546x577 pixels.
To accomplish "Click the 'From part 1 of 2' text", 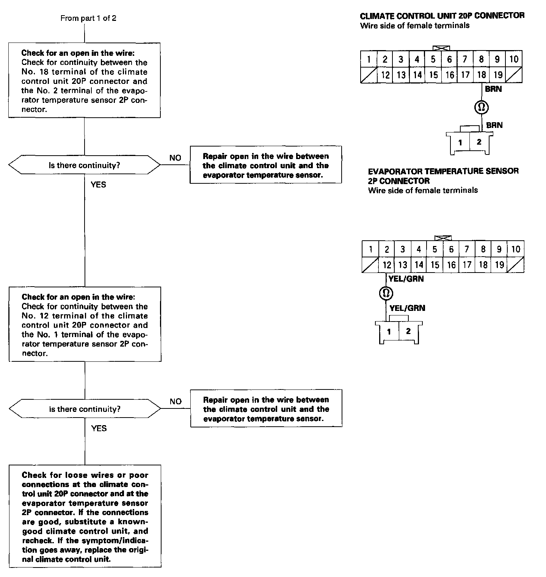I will [x=88, y=18].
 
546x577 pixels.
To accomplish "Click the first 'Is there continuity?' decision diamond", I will [x=85, y=166].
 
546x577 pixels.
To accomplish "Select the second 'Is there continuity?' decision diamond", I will [x=85, y=409].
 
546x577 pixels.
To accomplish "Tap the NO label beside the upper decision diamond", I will [x=175, y=158].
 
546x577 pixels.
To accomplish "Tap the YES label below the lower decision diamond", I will [x=99, y=429].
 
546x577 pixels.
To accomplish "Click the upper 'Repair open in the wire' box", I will [x=265, y=165].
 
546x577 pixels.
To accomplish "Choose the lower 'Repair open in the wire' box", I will [x=266, y=409].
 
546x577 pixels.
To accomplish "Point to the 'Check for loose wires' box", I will [x=85, y=517].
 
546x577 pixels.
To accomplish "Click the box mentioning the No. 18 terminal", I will [x=85, y=80].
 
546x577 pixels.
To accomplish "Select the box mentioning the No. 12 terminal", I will [x=85, y=325].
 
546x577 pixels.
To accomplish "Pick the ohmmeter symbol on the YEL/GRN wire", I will [x=386, y=293].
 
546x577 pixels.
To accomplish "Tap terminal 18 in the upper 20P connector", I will [x=482, y=75].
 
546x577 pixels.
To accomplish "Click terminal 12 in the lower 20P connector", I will [x=387, y=265].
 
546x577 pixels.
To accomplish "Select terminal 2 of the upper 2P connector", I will [x=479, y=142].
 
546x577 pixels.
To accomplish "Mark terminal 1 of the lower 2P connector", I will [x=389, y=332].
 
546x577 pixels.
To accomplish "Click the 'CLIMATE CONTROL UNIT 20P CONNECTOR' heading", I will [x=442, y=16].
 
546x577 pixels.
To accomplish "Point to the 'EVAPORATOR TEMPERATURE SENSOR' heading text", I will [x=443, y=171].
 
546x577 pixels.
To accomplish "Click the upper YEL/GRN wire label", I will [x=406, y=279].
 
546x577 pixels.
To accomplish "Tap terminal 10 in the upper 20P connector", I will [x=514, y=59].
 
